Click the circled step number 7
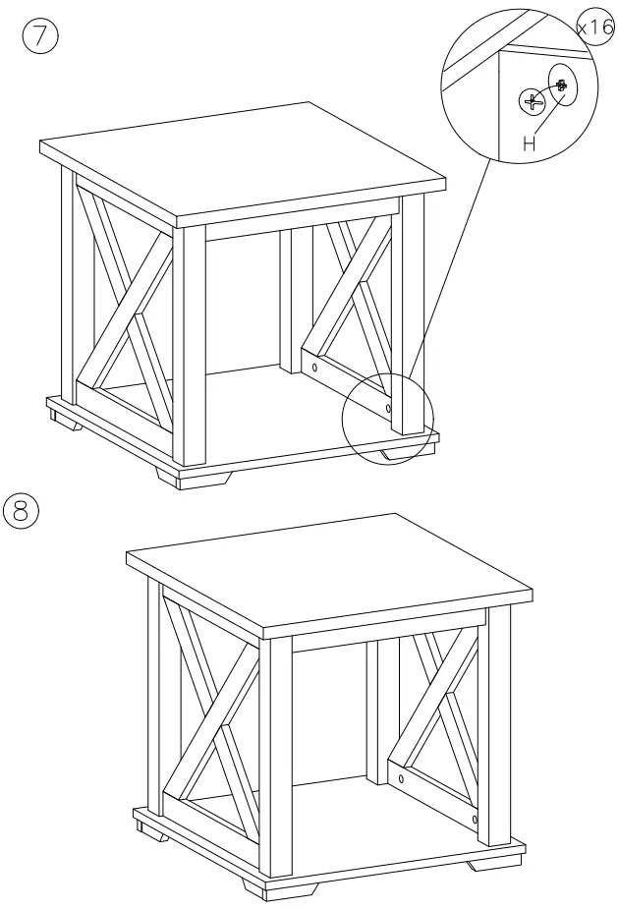click(x=40, y=36)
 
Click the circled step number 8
click(x=21, y=511)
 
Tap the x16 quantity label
click(x=596, y=27)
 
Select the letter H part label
click(x=529, y=143)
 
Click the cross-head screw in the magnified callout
click(x=532, y=102)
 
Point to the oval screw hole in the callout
click(x=562, y=85)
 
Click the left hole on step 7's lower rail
click(x=314, y=367)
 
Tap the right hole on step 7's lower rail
click(x=388, y=409)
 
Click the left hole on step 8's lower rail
click(x=401, y=778)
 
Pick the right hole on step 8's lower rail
click(x=475, y=821)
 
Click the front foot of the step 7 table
click(x=194, y=477)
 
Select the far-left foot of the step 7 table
click(x=65, y=421)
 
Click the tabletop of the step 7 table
click(x=243, y=161)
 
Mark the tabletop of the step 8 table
click(x=329, y=573)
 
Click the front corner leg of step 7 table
click(x=190, y=347)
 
